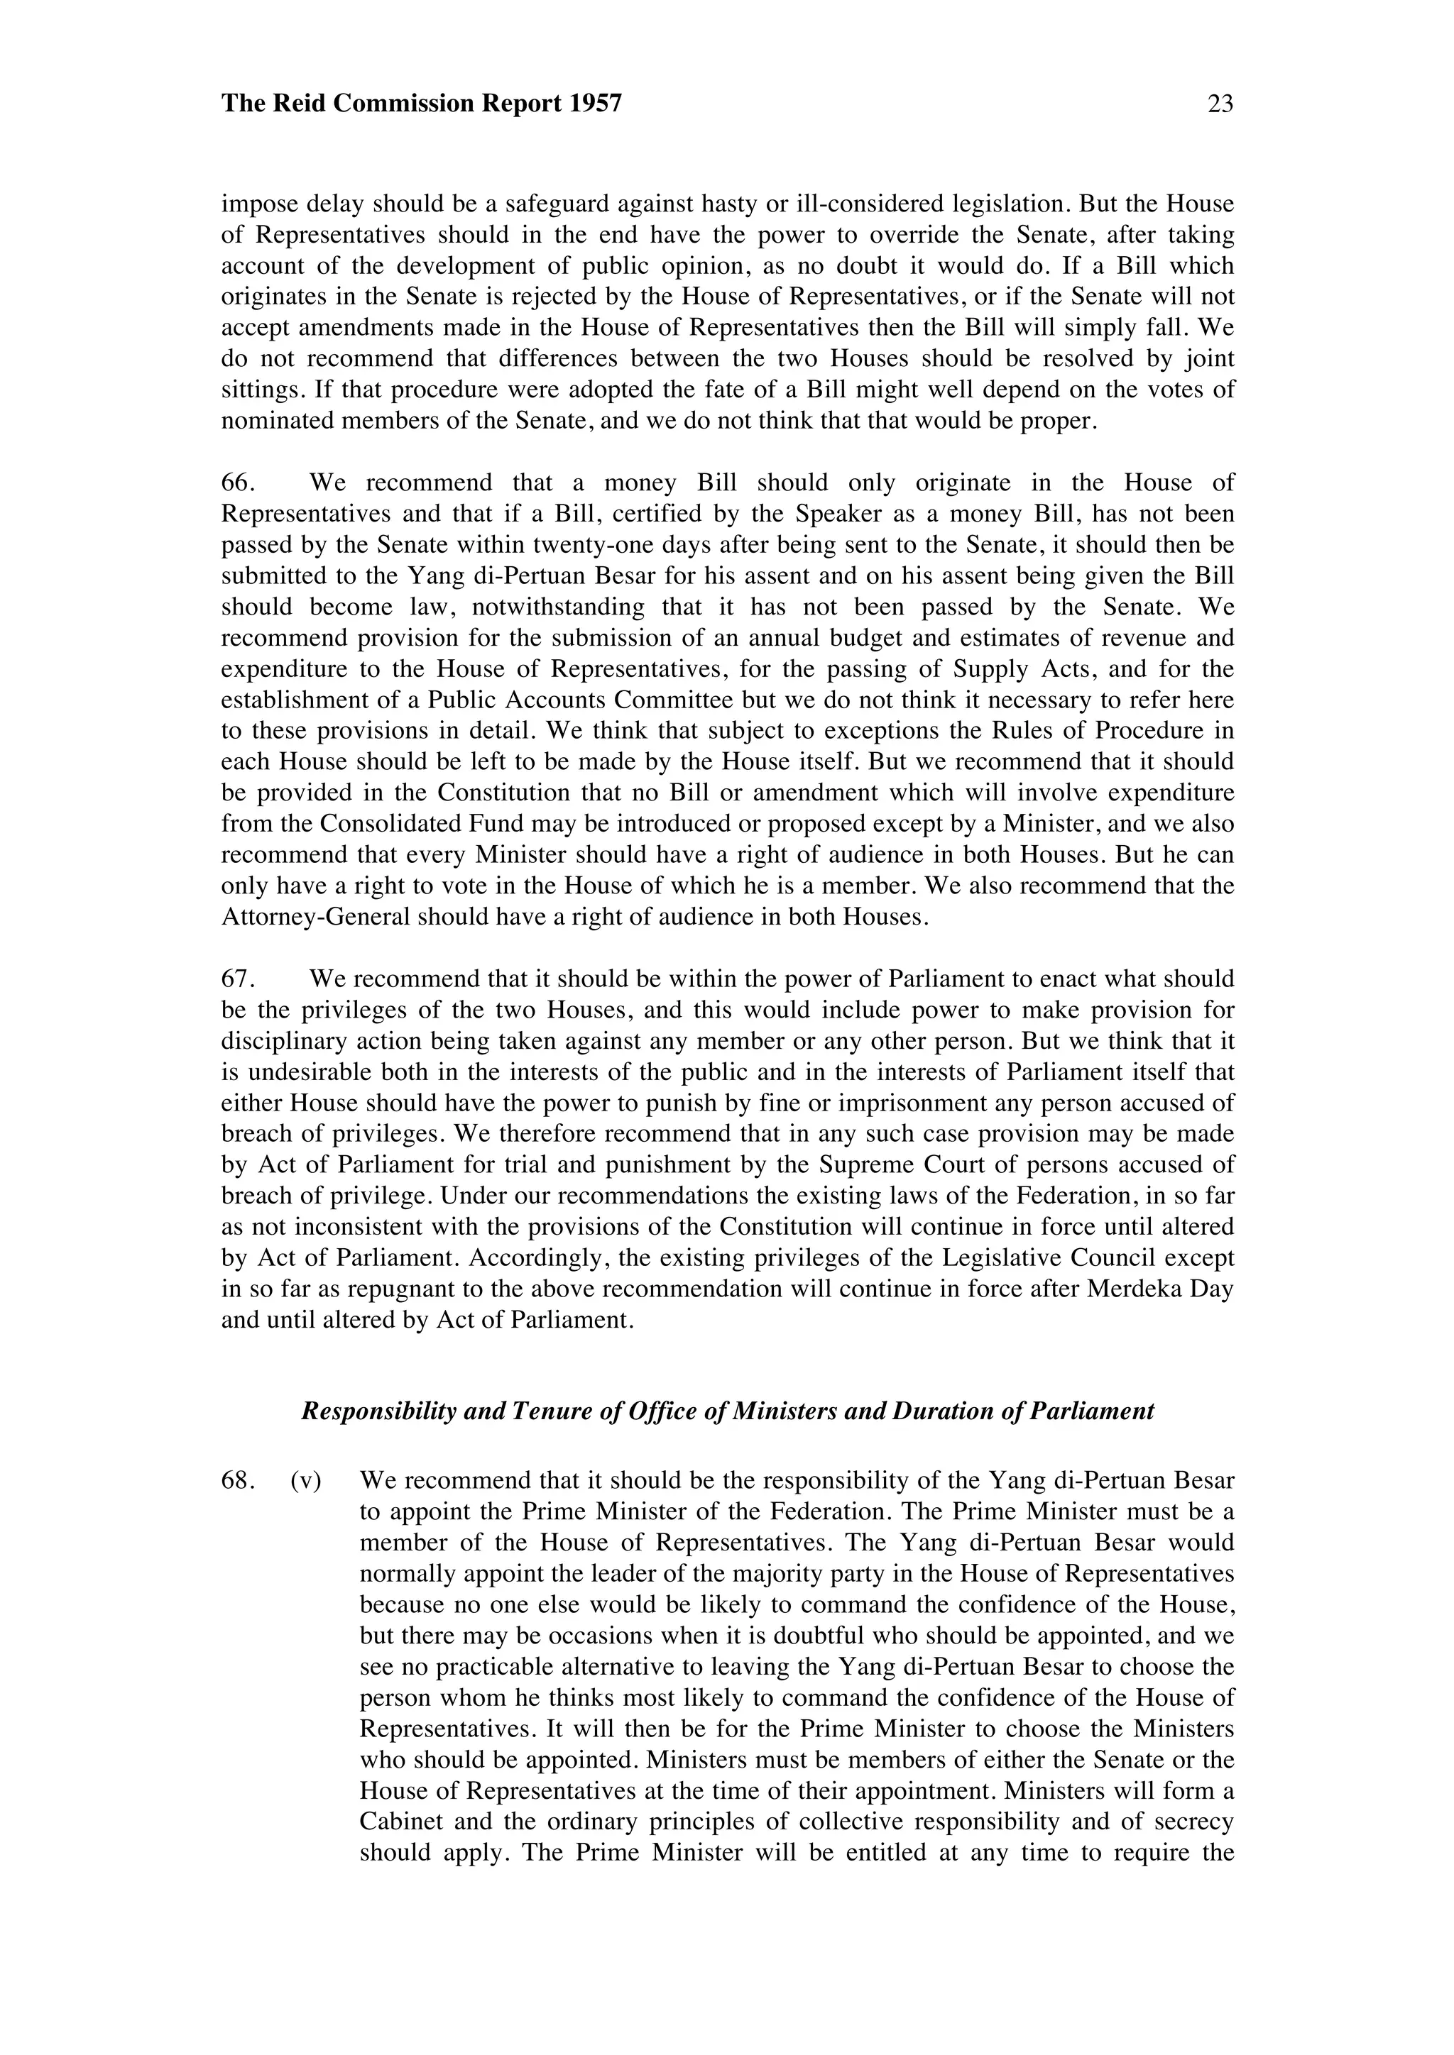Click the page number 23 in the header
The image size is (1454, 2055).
pyautogui.click(x=1220, y=105)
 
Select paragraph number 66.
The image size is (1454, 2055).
pyautogui.click(x=238, y=483)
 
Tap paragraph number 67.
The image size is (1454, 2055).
pyautogui.click(x=238, y=979)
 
